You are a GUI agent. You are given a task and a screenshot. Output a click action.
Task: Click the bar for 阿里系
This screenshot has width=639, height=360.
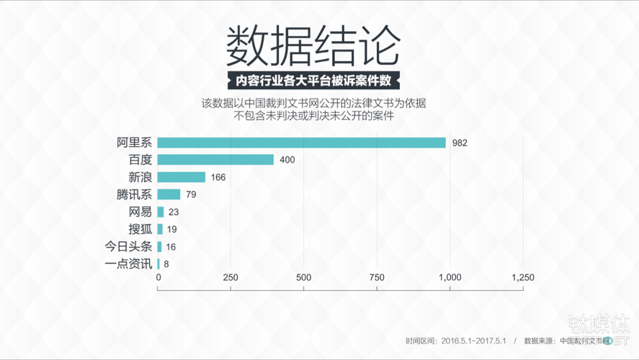pyautogui.click(x=301, y=143)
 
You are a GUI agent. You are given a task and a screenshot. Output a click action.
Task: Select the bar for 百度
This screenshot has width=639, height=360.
pyautogui.click(x=215, y=160)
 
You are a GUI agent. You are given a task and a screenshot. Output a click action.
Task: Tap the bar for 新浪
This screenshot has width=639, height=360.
pyautogui.click(x=181, y=177)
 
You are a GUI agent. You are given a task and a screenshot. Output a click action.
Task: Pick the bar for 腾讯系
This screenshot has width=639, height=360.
pyautogui.click(x=169, y=194)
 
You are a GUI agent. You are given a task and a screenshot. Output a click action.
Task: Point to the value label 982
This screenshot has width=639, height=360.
pyautogui.click(x=460, y=143)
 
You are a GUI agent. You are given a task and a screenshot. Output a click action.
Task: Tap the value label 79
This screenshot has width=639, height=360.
pyautogui.click(x=191, y=194)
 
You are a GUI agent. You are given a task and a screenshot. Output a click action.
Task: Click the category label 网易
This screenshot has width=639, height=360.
pyautogui.click(x=140, y=212)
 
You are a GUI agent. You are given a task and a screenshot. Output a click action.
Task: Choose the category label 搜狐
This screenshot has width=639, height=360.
pyautogui.click(x=140, y=229)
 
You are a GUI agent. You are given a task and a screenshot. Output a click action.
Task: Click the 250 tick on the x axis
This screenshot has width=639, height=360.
pyautogui.click(x=231, y=278)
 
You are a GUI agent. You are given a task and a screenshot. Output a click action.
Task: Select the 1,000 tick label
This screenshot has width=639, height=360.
pyautogui.click(x=450, y=278)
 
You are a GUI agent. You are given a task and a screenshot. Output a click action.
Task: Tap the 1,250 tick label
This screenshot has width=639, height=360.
pyautogui.click(x=522, y=278)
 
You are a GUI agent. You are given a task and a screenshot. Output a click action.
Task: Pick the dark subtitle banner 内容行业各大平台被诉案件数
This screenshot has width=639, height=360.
pyautogui.click(x=313, y=80)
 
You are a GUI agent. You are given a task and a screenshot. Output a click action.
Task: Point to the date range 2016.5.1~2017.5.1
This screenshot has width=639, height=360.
pyautogui.click(x=474, y=341)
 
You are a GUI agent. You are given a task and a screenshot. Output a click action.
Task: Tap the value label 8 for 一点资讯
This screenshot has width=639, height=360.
pyautogui.click(x=166, y=264)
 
